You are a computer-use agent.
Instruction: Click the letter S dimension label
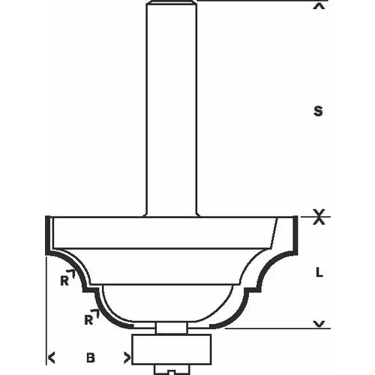319,112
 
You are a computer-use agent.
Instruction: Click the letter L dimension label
319,273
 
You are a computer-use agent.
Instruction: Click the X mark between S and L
319,219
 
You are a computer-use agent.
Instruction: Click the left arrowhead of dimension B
51,357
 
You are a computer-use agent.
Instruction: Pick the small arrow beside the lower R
96,310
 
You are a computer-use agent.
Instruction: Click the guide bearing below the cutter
171,349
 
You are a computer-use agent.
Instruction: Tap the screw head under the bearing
171,370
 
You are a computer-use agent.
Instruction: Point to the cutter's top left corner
48,217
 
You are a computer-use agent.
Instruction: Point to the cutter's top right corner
293,217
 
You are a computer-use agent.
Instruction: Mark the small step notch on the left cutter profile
89,288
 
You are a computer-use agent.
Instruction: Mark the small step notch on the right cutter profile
253,288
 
